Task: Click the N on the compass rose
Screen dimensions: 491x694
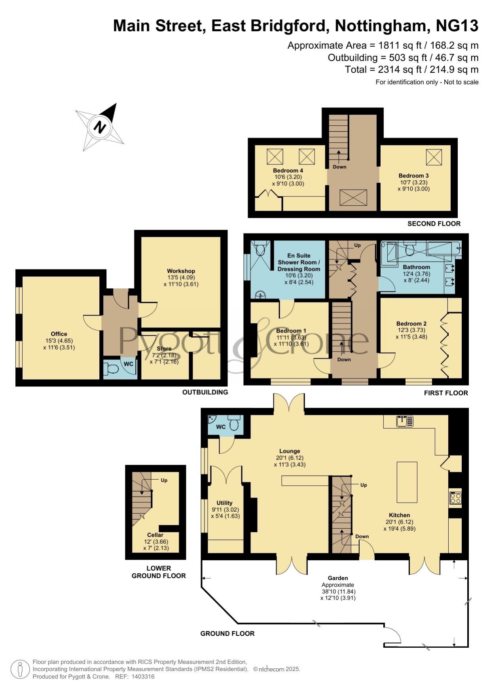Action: point(100,127)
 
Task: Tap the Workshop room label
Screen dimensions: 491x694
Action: point(181,271)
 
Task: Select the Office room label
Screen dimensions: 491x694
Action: point(59,334)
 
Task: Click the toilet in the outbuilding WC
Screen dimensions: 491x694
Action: point(112,369)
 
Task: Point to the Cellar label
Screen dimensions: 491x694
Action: point(155,535)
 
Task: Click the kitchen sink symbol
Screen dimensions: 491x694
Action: point(405,421)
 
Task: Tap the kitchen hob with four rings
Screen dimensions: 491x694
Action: point(455,498)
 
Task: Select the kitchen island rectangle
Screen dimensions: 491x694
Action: point(407,482)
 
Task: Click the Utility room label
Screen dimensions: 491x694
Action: point(224,503)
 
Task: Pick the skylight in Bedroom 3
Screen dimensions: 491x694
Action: point(434,157)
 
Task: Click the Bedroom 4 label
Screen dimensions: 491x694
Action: point(288,170)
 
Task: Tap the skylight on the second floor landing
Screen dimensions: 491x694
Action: point(353,197)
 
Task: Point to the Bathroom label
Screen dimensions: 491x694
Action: point(416,267)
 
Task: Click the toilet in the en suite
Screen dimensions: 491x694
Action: point(260,249)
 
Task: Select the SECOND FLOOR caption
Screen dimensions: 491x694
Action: point(434,223)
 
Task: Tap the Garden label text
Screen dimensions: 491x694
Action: point(338,578)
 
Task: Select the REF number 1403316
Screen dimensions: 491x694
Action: point(143,677)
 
